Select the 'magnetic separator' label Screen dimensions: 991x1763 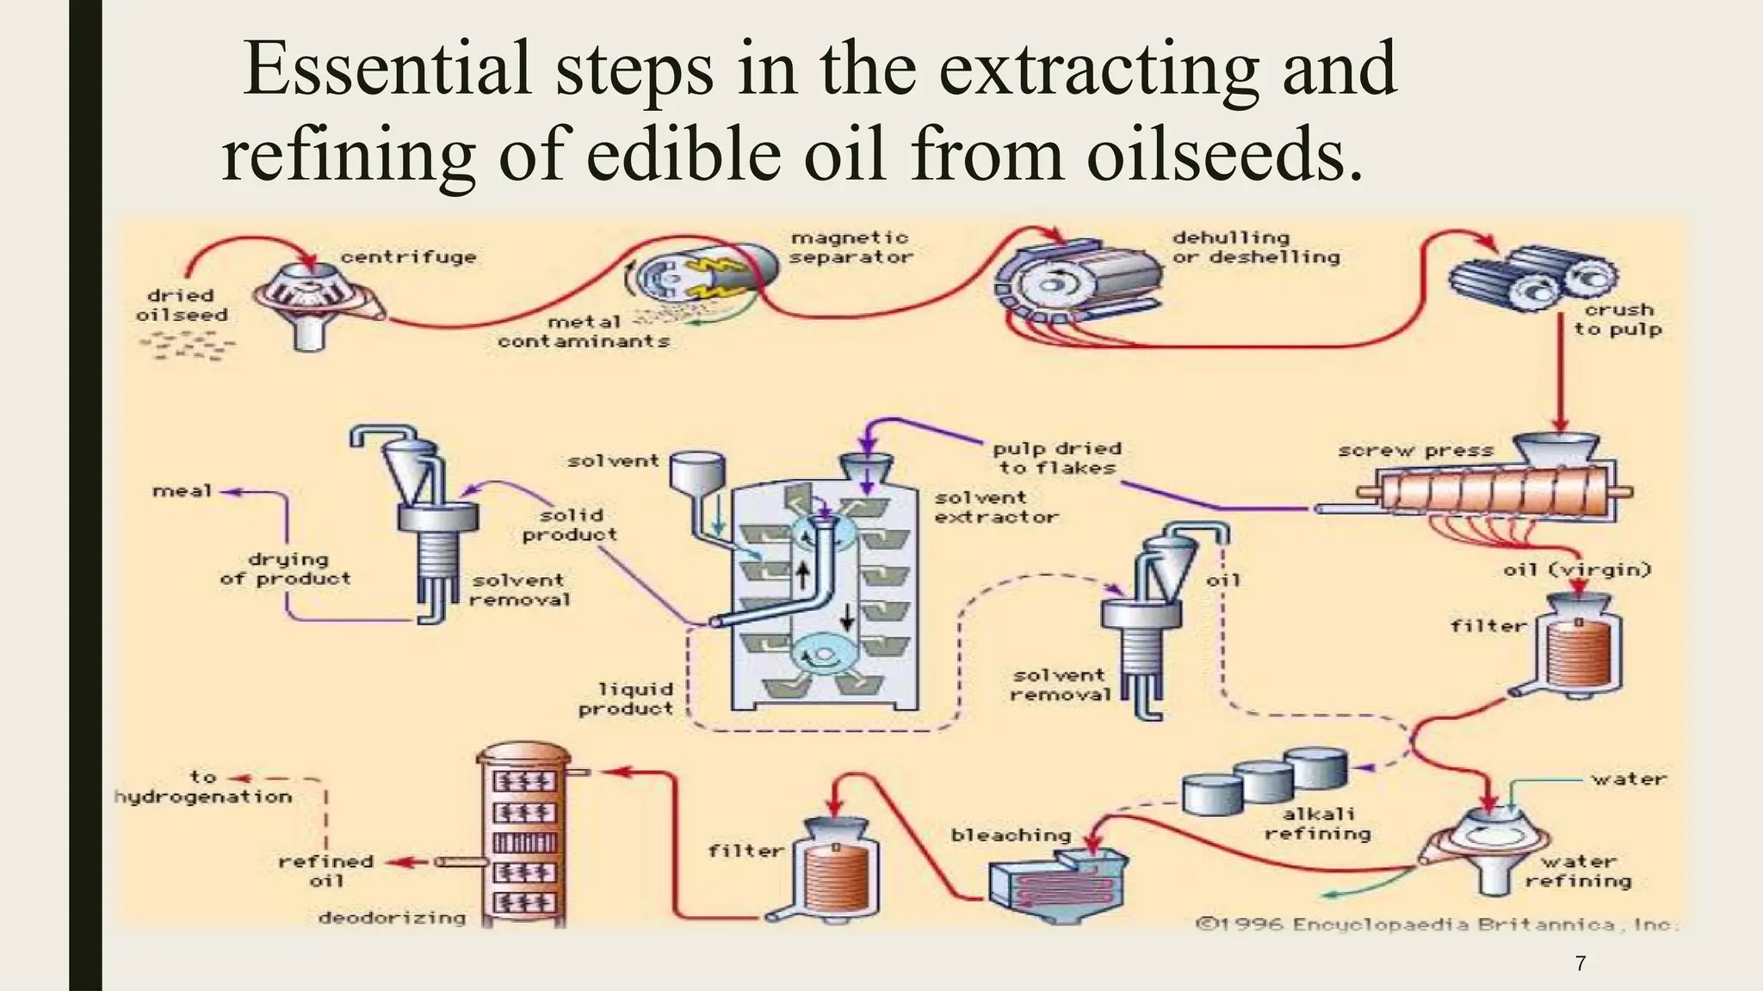[851, 247]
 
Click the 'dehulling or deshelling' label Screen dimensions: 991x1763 [1255, 247]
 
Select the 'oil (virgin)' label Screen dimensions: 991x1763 [1577, 569]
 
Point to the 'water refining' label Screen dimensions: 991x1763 [1578, 871]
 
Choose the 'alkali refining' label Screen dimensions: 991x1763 [1317, 823]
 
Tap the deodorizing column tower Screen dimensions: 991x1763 [523, 834]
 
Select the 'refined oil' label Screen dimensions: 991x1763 [325, 871]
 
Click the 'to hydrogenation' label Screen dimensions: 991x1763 [203, 787]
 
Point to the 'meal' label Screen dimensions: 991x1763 [182, 491]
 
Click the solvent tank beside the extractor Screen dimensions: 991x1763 [697, 473]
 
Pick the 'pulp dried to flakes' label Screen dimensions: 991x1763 [1057, 458]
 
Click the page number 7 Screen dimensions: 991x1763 [1580, 963]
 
